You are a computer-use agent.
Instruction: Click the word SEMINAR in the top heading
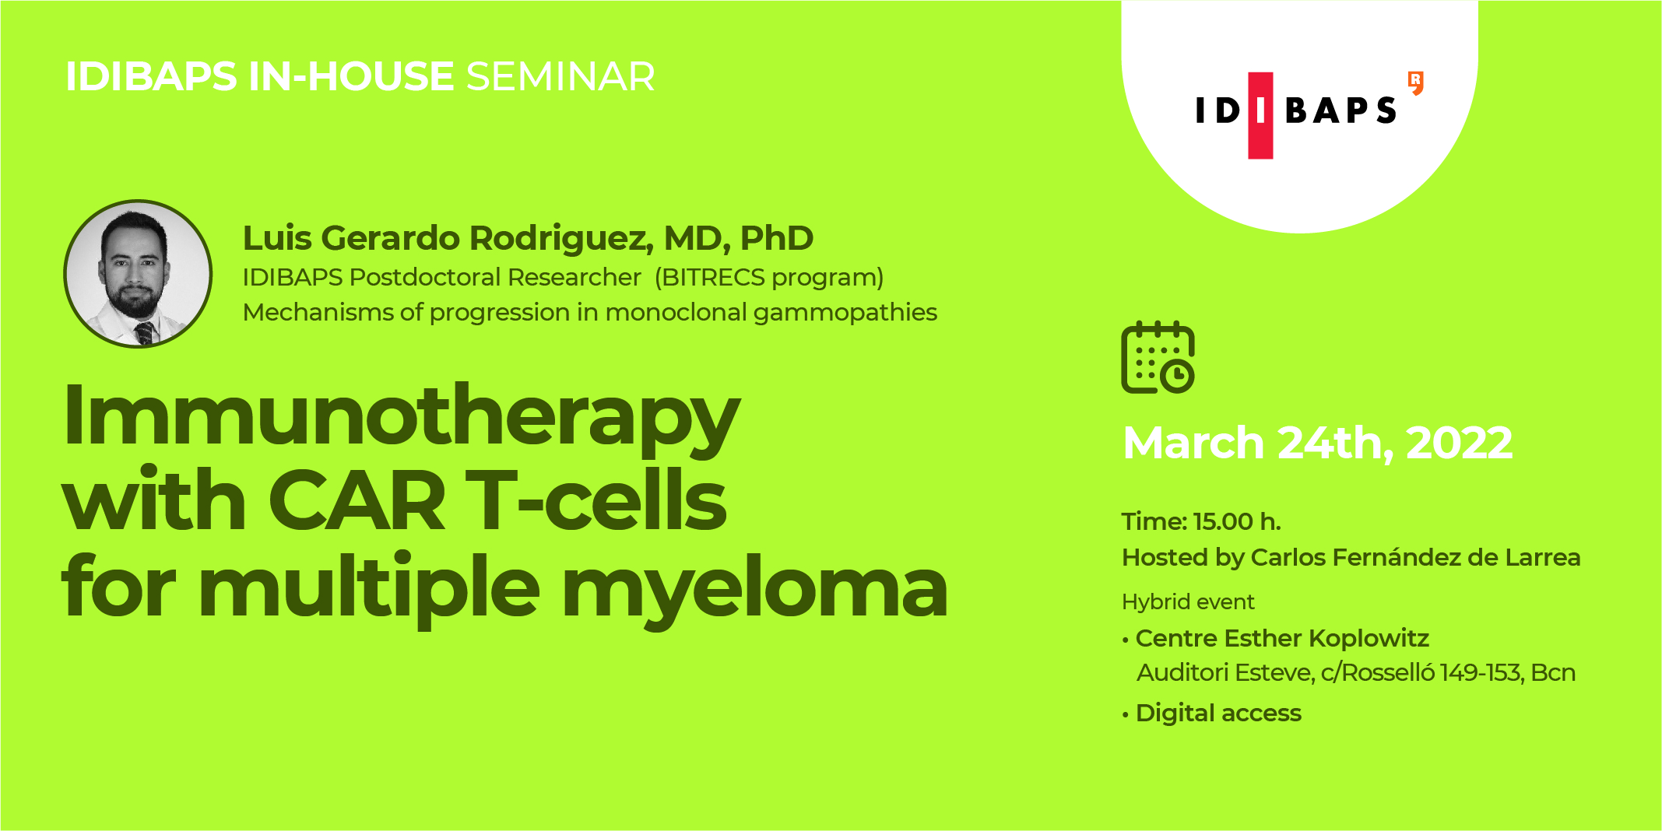point(560,77)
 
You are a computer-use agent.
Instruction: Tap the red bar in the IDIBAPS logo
point(1260,116)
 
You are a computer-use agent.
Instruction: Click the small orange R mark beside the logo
point(1416,82)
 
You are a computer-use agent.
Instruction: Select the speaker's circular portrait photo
point(138,273)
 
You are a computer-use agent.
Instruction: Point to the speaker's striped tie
point(145,333)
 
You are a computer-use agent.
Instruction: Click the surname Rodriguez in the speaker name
point(561,238)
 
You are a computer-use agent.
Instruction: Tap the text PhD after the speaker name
point(776,238)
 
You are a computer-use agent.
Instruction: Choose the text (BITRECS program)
point(768,277)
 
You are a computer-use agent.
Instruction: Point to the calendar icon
point(1157,357)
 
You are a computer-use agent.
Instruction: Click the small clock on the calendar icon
point(1177,377)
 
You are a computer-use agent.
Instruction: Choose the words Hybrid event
point(1188,601)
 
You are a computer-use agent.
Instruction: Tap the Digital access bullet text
point(1218,713)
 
